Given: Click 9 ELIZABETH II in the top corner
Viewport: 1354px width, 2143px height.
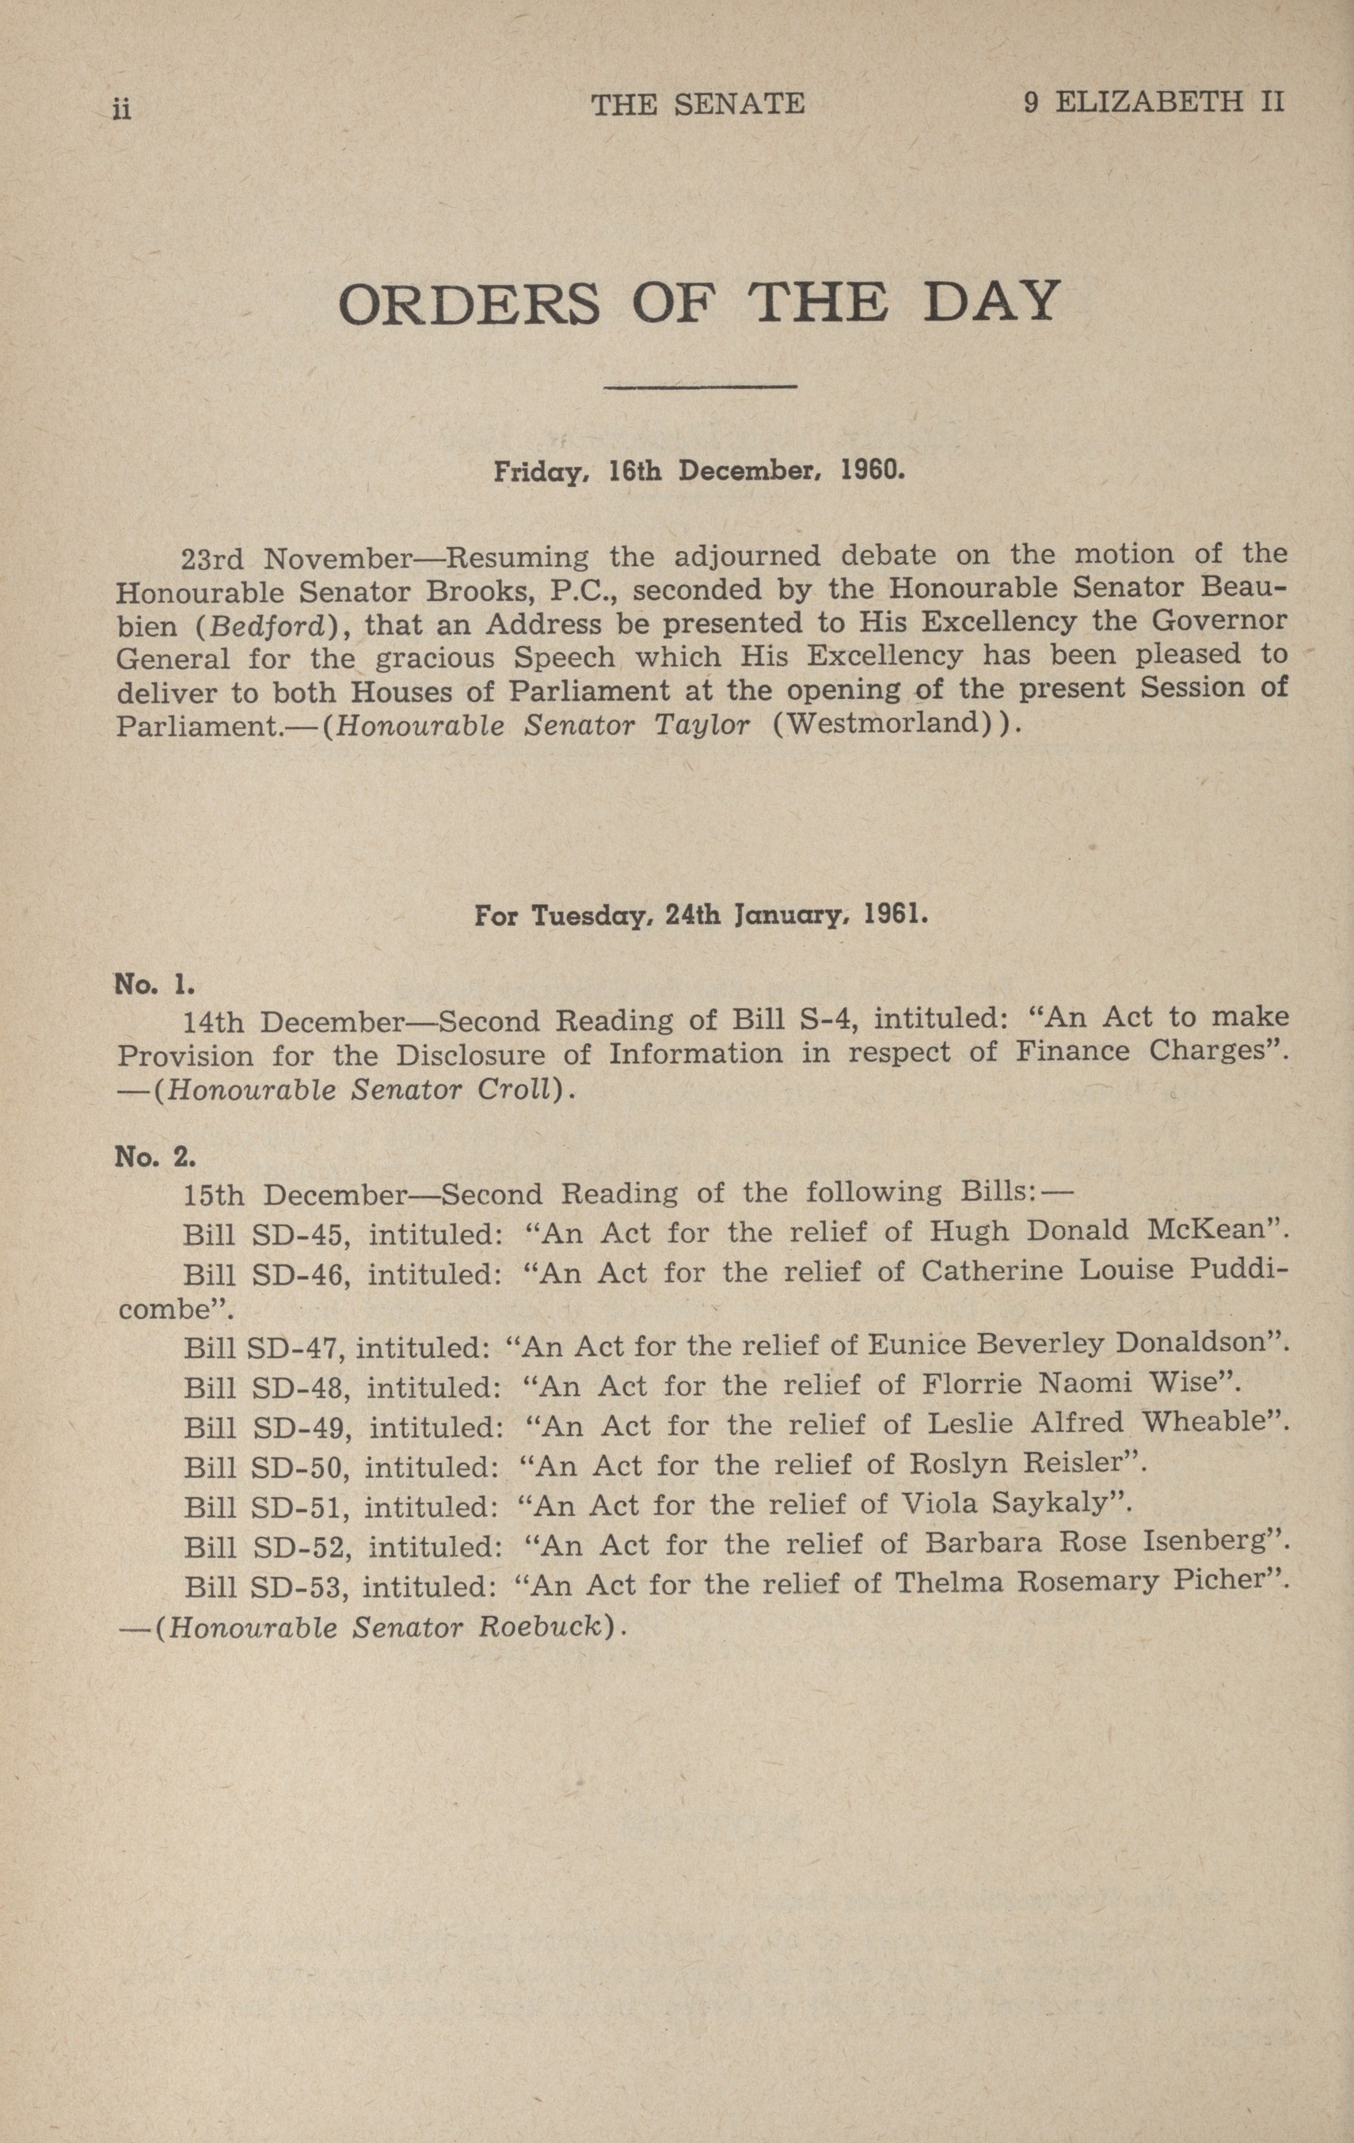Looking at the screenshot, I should pos(1154,101).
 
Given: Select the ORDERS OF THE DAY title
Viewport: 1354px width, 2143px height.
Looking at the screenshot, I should pos(700,302).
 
